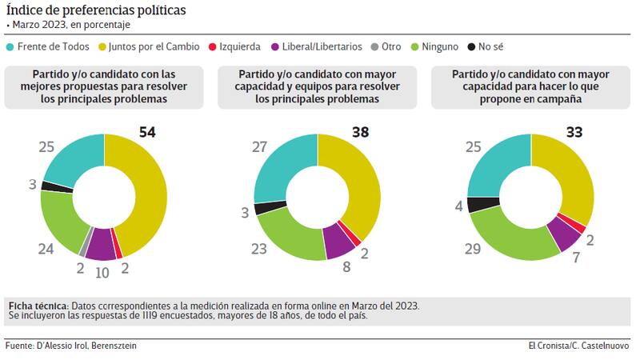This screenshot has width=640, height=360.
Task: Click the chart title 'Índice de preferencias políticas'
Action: (x=95, y=10)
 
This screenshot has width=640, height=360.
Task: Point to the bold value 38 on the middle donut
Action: (x=360, y=132)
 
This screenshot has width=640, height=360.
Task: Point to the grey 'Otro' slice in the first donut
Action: (x=83, y=243)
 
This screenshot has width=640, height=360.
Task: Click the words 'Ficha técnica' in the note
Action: (x=38, y=306)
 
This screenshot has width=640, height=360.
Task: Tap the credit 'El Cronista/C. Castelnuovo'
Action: (x=578, y=346)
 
